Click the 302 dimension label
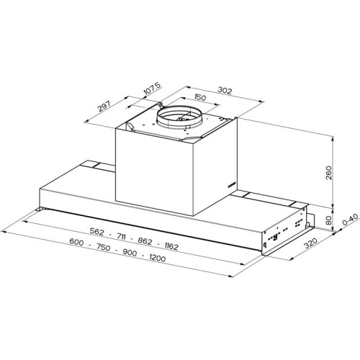(x=225, y=91)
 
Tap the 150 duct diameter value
(x=200, y=97)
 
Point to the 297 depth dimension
(x=104, y=107)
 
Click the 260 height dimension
(x=328, y=173)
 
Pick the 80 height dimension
(x=329, y=220)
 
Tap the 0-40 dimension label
(x=351, y=219)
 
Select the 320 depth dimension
(x=311, y=243)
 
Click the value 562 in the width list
(x=97, y=231)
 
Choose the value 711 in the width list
(x=121, y=237)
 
